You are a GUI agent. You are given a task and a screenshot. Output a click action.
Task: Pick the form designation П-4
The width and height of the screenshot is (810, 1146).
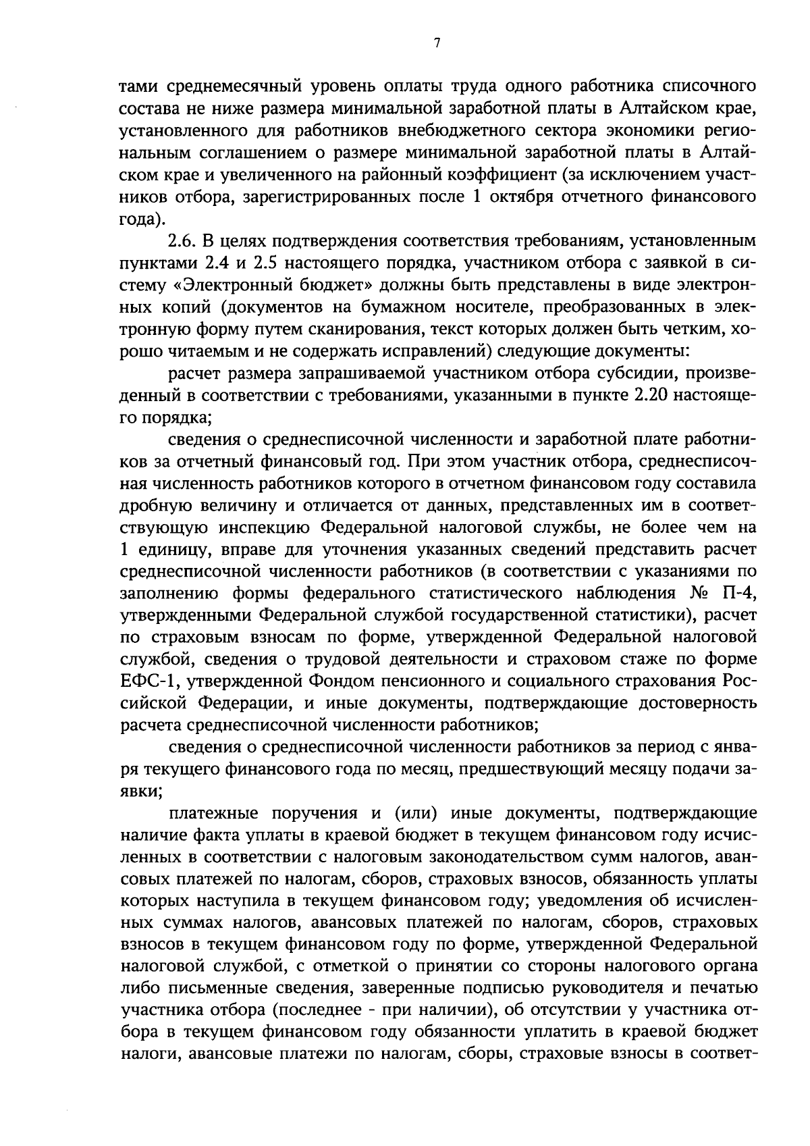738,594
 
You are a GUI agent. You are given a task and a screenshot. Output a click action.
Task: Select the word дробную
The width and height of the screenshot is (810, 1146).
153,506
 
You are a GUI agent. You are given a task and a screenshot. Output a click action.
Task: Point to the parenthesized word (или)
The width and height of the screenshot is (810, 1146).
417,813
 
